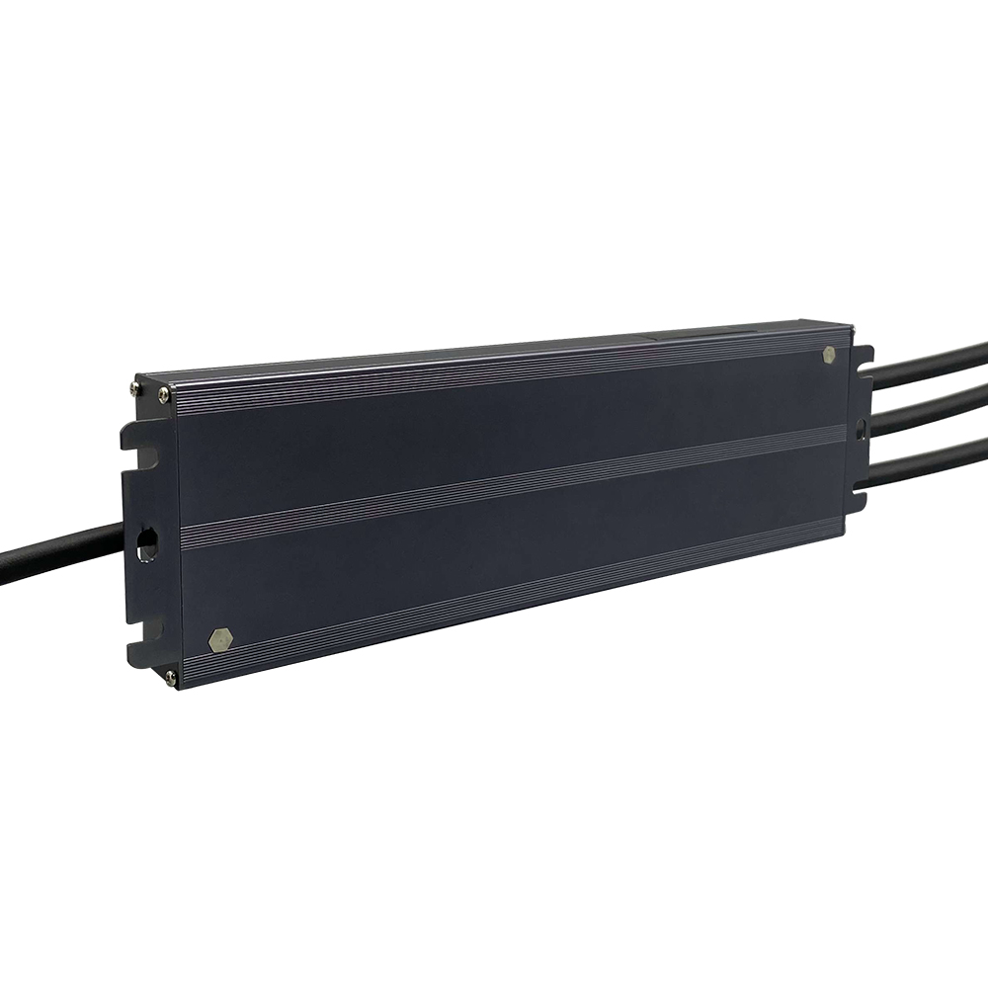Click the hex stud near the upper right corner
click(828, 355)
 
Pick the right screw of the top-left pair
click(163, 395)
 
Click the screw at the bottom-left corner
click(171, 676)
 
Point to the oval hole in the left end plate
click(146, 542)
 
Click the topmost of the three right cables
click(929, 363)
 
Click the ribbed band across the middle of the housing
click(514, 481)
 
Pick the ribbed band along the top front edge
click(494, 370)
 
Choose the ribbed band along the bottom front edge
click(514, 597)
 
